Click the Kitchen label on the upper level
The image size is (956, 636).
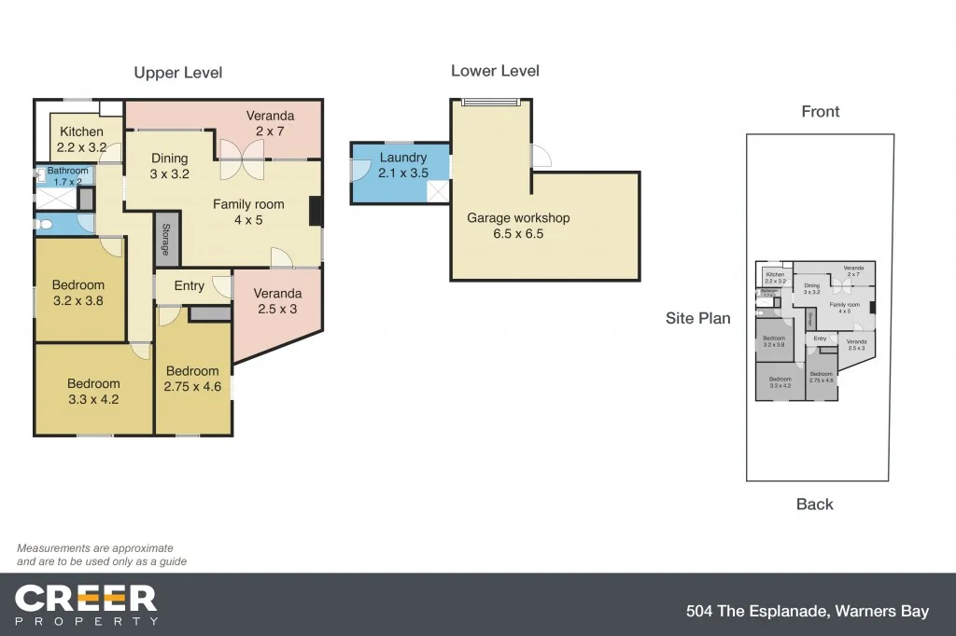click(x=81, y=131)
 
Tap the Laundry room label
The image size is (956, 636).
click(x=402, y=158)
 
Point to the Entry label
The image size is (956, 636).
click(x=189, y=285)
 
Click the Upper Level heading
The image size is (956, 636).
click(x=177, y=73)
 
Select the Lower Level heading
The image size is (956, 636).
click(x=495, y=71)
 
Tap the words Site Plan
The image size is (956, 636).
click(x=697, y=318)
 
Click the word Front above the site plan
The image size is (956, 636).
click(x=820, y=112)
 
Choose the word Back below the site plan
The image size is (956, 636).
click(x=814, y=505)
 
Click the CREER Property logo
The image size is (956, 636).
click(x=86, y=604)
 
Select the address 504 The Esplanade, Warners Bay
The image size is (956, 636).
click(x=807, y=612)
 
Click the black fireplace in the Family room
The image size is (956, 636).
click(x=316, y=212)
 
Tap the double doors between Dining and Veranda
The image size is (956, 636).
click(x=241, y=159)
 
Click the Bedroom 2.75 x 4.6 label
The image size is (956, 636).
click(x=192, y=379)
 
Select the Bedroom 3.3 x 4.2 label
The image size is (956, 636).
click(x=93, y=391)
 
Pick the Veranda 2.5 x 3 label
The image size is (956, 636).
click(x=277, y=301)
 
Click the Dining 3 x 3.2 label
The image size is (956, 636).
click(x=169, y=165)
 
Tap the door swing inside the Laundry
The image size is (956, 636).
click(x=359, y=170)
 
